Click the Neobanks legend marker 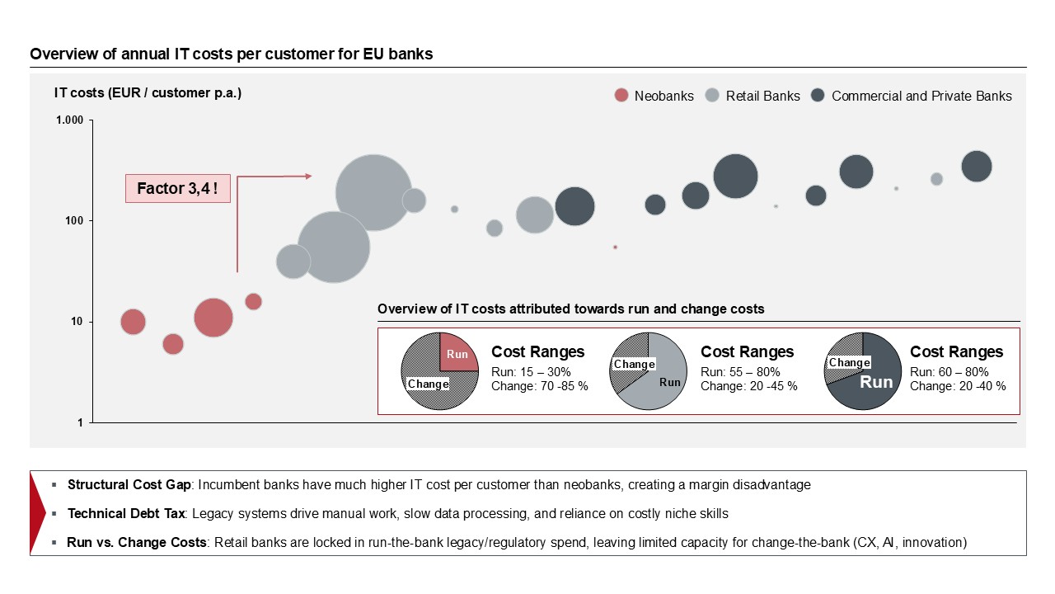(x=621, y=96)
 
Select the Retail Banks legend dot (x=713, y=96)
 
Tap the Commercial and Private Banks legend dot (x=818, y=96)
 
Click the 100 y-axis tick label (x=74, y=221)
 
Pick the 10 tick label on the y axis (x=77, y=322)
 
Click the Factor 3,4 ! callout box (x=177, y=189)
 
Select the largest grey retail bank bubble (x=373, y=193)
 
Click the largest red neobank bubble (x=213, y=318)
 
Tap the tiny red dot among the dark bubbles (x=615, y=247)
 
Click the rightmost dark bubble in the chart (x=977, y=166)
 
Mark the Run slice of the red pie (x=457, y=354)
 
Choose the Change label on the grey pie (x=634, y=364)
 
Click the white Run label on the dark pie (x=876, y=382)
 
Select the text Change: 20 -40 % (x=958, y=386)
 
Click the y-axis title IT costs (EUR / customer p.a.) (x=148, y=92)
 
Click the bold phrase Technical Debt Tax (x=129, y=514)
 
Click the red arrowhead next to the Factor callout (x=308, y=176)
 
